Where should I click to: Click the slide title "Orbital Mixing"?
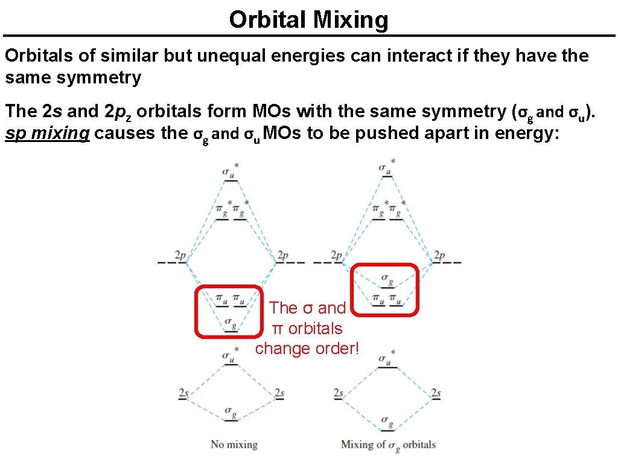[x=308, y=20]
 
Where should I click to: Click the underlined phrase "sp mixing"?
[x=47, y=133]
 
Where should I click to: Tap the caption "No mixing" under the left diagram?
[x=234, y=445]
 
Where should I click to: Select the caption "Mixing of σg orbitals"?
[x=388, y=445]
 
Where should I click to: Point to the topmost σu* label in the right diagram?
[x=386, y=166]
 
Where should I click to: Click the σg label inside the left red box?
[x=231, y=322]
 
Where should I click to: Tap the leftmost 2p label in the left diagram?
[x=180, y=256]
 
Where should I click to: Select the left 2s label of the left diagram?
[x=183, y=394]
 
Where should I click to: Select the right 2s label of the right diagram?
[x=436, y=394]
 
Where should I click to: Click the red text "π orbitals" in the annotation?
[x=307, y=329]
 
